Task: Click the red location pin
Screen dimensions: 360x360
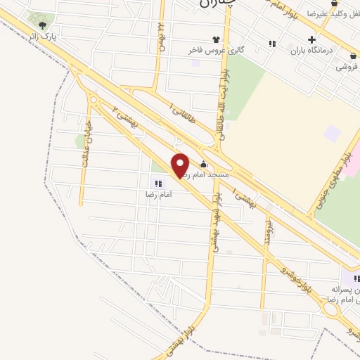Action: [181, 164]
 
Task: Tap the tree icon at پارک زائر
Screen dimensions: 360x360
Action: [42, 26]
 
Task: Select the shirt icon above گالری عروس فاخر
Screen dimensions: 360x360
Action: [215, 39]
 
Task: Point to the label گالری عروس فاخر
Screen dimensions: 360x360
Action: [215, 51]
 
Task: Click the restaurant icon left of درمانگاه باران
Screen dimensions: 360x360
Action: [272, 44]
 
